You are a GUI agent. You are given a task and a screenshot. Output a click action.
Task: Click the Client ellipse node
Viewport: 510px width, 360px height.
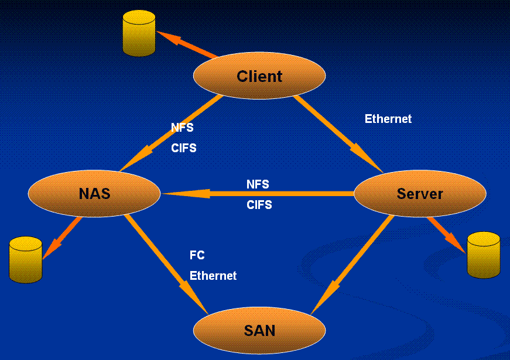click(259, 76)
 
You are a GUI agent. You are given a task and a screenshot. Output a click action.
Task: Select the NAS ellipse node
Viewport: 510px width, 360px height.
click(94, 193)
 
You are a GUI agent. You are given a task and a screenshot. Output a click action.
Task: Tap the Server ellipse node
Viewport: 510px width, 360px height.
click(420, 194)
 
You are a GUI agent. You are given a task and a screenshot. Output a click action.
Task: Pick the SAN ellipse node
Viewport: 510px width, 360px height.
click(259, 330)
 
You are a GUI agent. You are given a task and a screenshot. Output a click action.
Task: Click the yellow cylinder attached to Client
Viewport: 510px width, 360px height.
click(139, 35)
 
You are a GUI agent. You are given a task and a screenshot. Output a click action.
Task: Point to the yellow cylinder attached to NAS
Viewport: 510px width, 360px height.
click(26, 259)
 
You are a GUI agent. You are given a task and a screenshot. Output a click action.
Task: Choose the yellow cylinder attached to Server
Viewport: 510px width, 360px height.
click(484, 255)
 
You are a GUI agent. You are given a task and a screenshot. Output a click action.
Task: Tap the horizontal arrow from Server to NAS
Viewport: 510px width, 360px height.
click(258, 194)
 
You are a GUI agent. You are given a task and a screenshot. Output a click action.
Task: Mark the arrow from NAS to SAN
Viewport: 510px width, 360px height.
click(167, 263)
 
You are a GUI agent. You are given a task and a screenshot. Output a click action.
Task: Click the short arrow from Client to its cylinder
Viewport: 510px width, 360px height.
click(187, 46)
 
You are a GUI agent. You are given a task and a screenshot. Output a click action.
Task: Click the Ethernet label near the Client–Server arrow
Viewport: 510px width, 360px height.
click(388, 119)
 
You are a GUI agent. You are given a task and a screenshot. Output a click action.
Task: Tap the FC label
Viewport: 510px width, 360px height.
click(197, 256)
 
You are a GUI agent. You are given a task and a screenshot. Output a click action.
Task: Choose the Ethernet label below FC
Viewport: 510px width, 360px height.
click(213, 276)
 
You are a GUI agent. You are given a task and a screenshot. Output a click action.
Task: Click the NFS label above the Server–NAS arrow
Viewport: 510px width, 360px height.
click(258, 184)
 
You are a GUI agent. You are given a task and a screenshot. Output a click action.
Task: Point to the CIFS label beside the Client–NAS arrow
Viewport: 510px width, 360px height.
click(183, 148)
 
